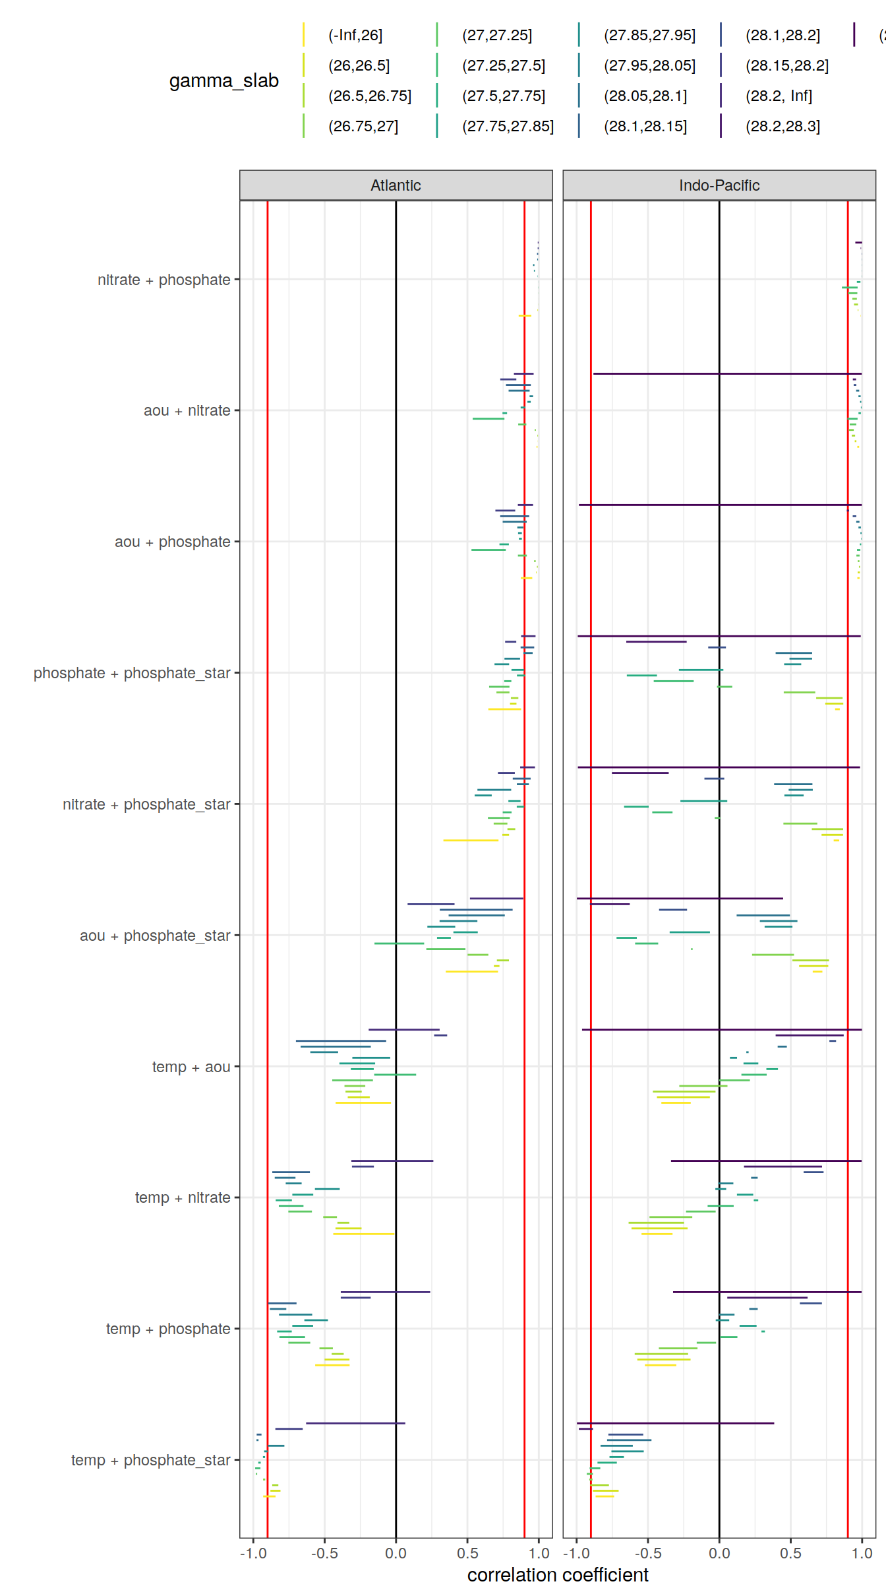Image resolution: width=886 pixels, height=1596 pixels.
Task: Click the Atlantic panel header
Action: [396, 185]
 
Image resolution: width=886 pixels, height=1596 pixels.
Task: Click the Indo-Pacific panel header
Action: [719, 185]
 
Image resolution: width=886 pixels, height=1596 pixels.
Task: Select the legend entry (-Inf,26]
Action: [355, 36]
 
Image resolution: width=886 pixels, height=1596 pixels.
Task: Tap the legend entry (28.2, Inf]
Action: [779, 96]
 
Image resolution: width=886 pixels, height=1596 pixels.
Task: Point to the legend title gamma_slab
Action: [223, 80]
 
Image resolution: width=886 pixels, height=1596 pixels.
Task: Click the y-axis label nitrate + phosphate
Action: [163, 280]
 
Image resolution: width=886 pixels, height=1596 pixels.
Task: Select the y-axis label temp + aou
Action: [191, 1067]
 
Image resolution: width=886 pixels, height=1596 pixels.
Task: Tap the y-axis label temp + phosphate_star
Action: [150, 1460]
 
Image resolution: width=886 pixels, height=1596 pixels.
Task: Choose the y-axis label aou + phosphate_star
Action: [155, 936]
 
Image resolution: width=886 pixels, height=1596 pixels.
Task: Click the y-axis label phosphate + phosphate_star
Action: [132, 673]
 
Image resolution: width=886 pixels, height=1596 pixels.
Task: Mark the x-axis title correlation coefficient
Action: [558, 1575]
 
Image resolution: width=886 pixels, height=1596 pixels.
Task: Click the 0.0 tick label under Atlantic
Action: [396, 1553]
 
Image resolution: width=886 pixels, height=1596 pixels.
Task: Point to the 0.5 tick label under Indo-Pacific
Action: [790, 1553]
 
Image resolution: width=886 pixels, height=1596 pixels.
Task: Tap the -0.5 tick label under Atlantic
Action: [324, 1553]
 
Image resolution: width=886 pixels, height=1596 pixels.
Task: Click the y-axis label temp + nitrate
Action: [183, 1197]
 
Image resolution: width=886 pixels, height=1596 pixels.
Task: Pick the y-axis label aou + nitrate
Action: [187, 410]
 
